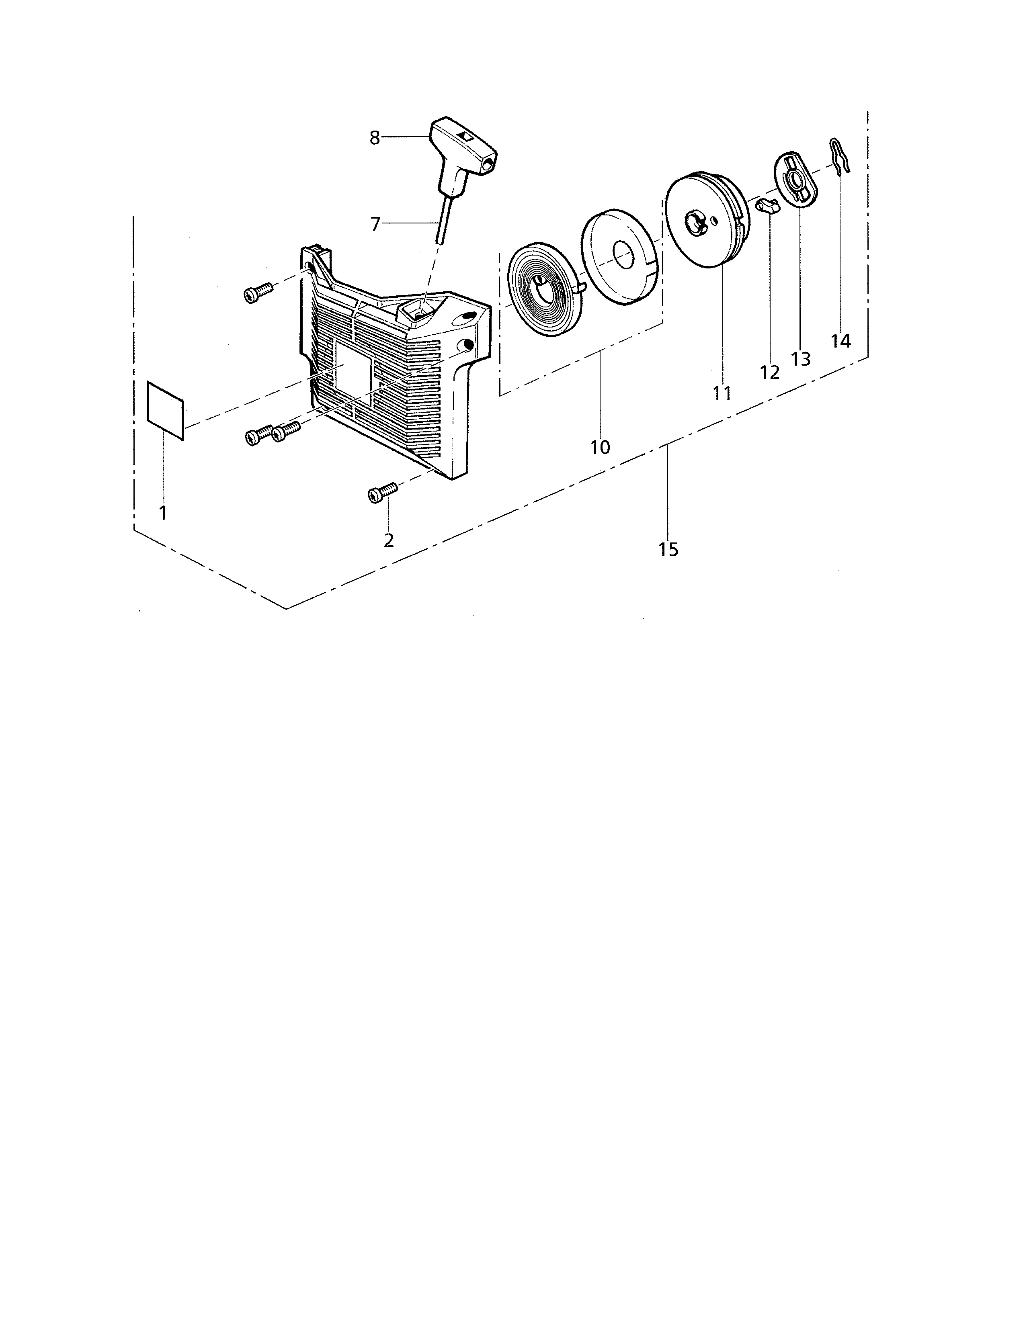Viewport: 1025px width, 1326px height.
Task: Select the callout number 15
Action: pyautogui.click(x=668, y=549)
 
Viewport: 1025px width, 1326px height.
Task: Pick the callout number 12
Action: pyautogui.click(x=769, y=372)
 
